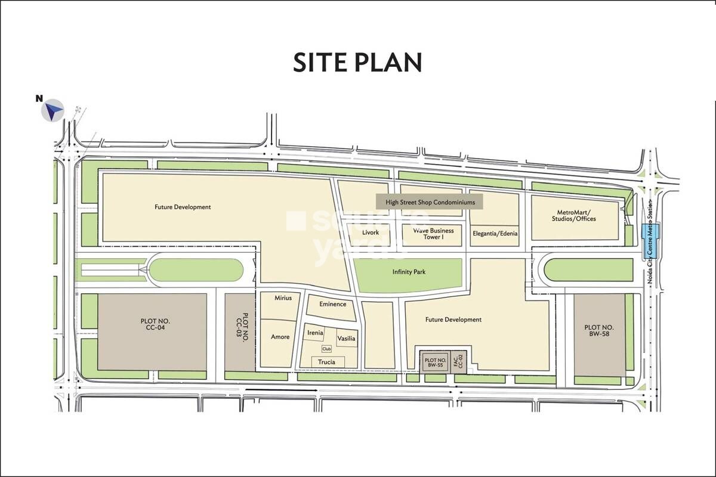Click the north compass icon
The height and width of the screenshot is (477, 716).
pos(53,110)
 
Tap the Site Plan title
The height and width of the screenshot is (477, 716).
pos(357,63)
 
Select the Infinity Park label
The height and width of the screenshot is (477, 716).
pos(408,272)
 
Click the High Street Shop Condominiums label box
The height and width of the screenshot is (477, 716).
pos(430,203)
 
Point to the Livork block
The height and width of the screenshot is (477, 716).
pos(371,233)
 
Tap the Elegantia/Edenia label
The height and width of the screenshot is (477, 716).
pos(495,234)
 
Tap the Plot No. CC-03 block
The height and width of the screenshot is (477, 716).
pos(240,332)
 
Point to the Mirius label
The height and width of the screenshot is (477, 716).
pos(283,298)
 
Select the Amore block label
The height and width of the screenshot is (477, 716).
pos(280,337)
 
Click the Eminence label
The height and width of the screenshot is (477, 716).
pos(333,304)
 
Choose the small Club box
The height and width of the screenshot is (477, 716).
pos(326,349)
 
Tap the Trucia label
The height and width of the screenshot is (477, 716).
pos(326,362)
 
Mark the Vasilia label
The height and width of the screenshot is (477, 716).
pos(346,339)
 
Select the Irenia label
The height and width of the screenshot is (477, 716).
pos(315,333)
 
